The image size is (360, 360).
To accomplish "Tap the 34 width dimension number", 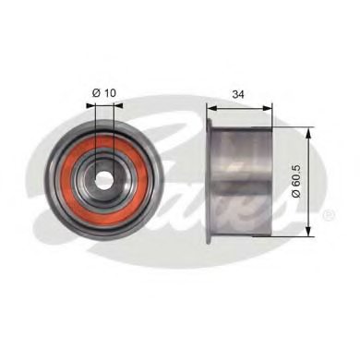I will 237,92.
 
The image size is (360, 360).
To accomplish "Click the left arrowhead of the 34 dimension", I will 211,106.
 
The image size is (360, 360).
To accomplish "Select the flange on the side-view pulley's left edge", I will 210,180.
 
